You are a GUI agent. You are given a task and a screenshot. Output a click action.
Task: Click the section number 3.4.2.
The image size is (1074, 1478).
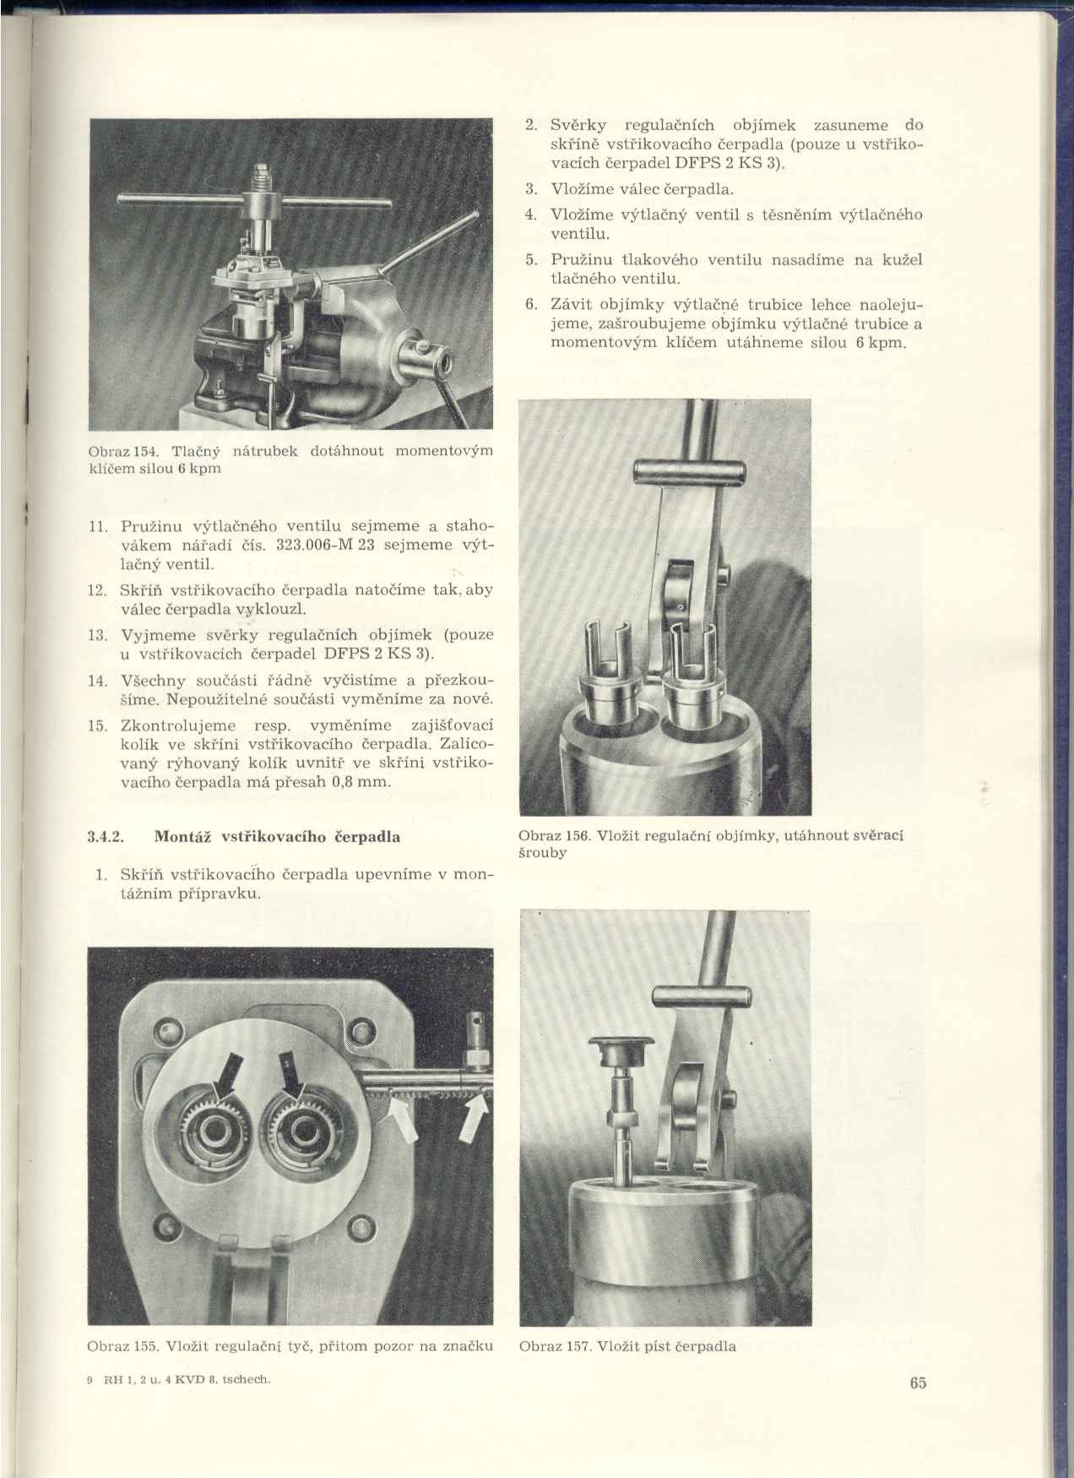(106, 838)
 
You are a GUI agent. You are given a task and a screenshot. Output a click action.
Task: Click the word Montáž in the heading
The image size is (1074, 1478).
(184, 838)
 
